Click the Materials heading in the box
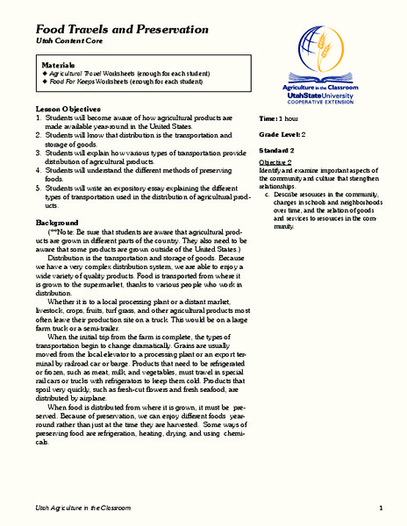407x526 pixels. tap(61, 66)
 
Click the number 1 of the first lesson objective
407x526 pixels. tap(38, 117)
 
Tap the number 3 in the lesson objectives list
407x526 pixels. tap(38, 152)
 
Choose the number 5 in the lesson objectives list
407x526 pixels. tap(38, 187)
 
